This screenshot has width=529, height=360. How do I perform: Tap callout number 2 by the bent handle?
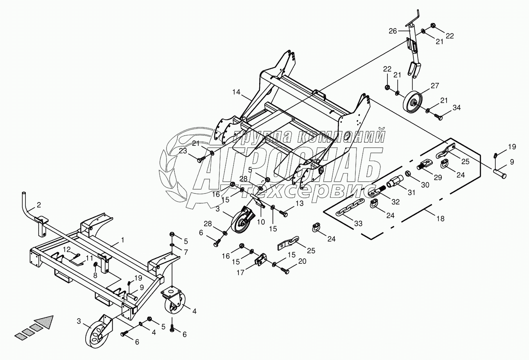coord(39,204)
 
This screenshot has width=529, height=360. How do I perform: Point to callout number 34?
coord(446,107)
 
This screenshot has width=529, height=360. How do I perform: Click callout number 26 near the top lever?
coord(393,30)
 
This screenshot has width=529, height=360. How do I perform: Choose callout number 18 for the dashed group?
coord(441,219)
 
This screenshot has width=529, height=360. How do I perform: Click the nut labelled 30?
coord(407,173)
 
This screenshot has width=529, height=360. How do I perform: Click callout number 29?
coord(438,177)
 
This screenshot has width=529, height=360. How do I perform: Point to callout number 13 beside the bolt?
coord(299,203)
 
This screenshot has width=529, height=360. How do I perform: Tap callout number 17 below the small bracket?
coord(241,272)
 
